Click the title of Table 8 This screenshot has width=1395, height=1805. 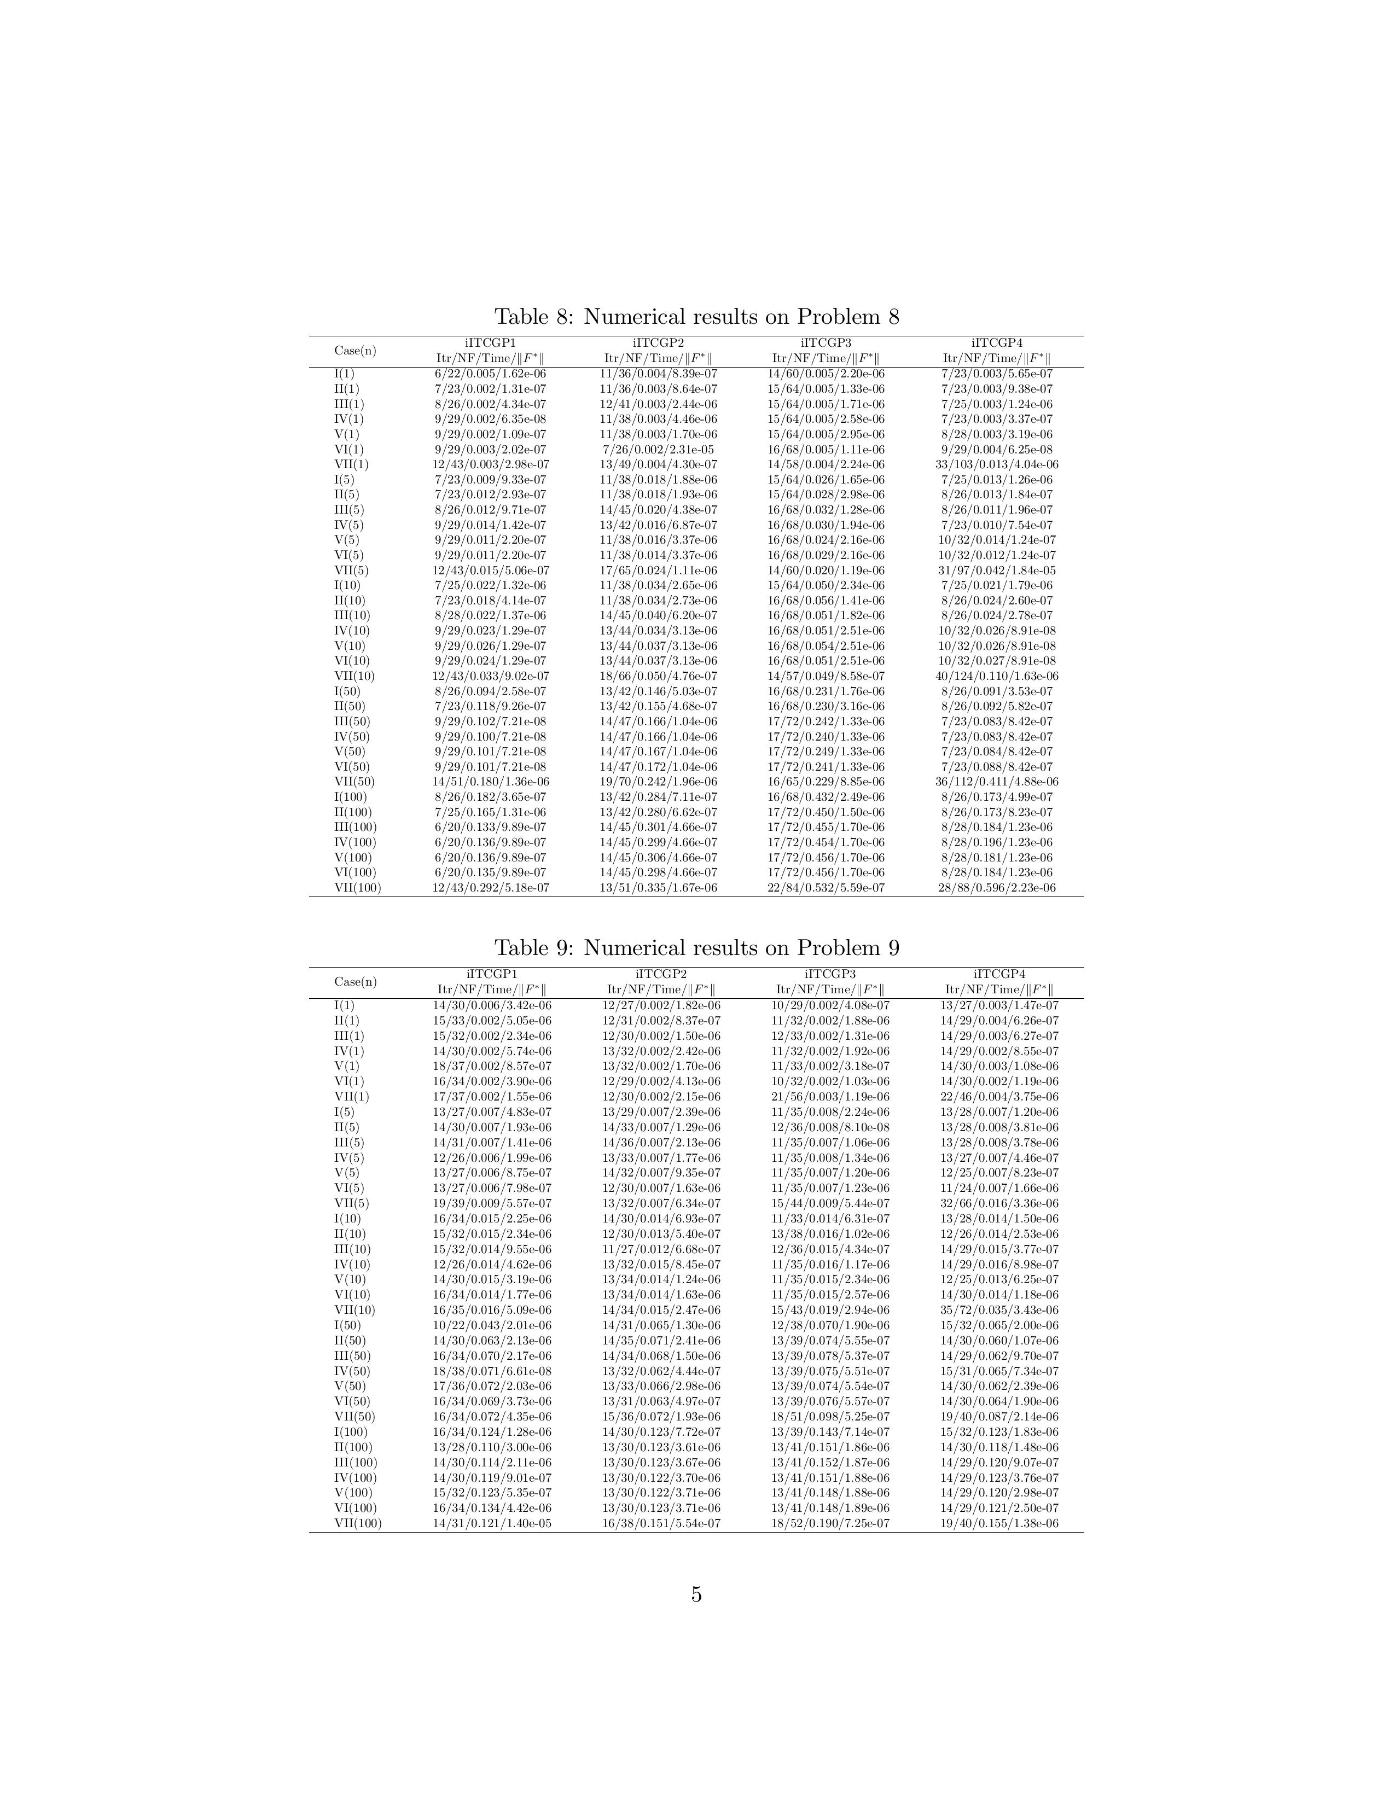[696, 317]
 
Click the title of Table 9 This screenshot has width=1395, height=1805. [696, 948]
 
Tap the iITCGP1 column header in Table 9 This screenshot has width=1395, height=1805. [492, 974]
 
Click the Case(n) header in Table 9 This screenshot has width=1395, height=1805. [356, 982]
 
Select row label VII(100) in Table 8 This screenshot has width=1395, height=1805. [358, 888]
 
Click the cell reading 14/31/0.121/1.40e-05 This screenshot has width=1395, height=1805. [492, 1523]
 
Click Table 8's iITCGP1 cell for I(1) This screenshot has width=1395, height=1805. [490, 374]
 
